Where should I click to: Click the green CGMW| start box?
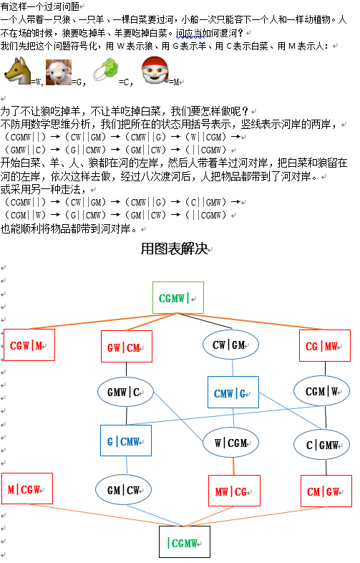(178, 298)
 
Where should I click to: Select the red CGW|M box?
(29, 345)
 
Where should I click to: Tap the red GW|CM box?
(127, 347)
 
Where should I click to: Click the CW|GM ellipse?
(230, 345)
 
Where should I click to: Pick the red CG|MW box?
(325, 345)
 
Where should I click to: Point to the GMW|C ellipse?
(126, 392)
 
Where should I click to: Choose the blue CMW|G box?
(233, 392)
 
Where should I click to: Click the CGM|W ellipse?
(322, 391)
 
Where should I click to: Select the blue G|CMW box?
(126, 441)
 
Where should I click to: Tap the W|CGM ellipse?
(230, 443)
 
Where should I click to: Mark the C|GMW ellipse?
(322, 445)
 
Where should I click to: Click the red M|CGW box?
(27, 489)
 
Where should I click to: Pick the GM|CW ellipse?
(124, 490)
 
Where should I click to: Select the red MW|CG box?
(234, 491)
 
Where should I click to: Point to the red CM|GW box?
(326, 491)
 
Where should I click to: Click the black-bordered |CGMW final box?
(185, 542)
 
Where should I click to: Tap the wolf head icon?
(18, 72)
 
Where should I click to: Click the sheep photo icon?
(59, 72)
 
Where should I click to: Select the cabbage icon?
(106, 70)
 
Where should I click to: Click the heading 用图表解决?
(175, 249)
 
